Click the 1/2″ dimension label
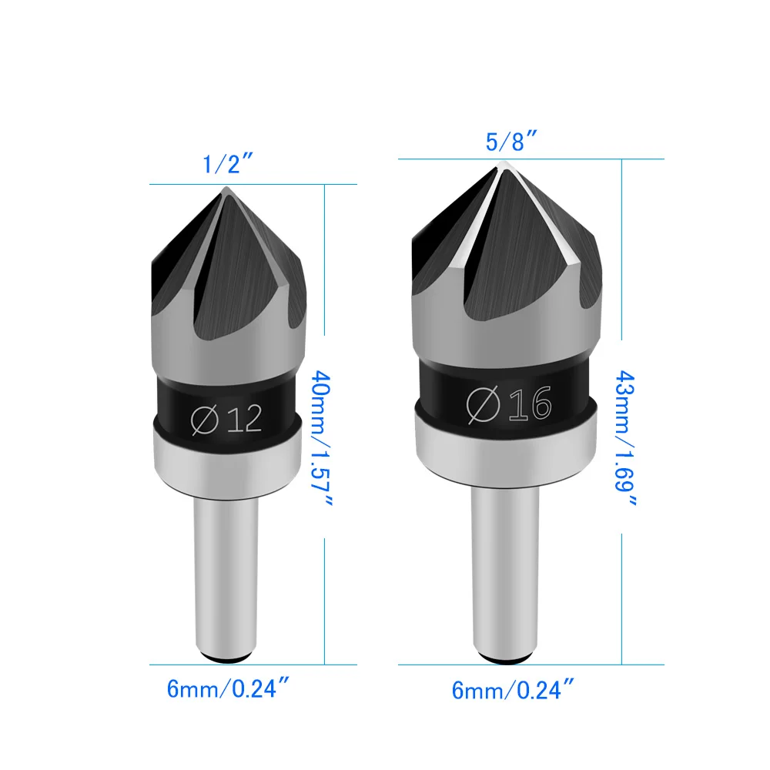(228, 163)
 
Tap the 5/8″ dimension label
(511, 142)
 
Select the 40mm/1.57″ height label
(323, 438)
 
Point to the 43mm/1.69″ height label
(625, 438)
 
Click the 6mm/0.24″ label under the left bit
(228, 688)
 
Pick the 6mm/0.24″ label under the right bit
(513, 689)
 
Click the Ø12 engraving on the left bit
(226, 420)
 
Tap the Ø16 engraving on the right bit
(509, 403)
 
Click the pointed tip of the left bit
(226, 187)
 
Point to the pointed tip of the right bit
(501, 162)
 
